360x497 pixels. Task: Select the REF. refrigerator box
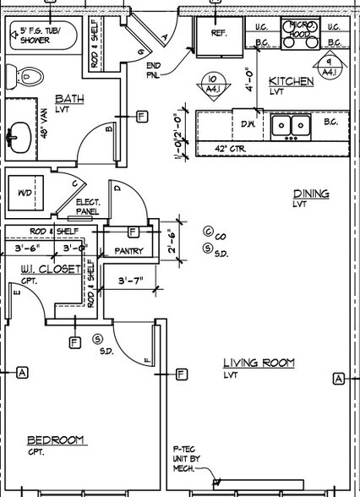click(x=219, y=35)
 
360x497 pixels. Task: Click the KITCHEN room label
click(x=291, y=81)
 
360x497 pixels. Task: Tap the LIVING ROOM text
click(x=259, y=363)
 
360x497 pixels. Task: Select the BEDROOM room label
click(x=56, y=440)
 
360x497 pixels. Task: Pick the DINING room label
click(x=310, y=194)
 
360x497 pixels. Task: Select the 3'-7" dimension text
click(x=131, y=280)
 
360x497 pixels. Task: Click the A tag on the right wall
click(x=338, y=379)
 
